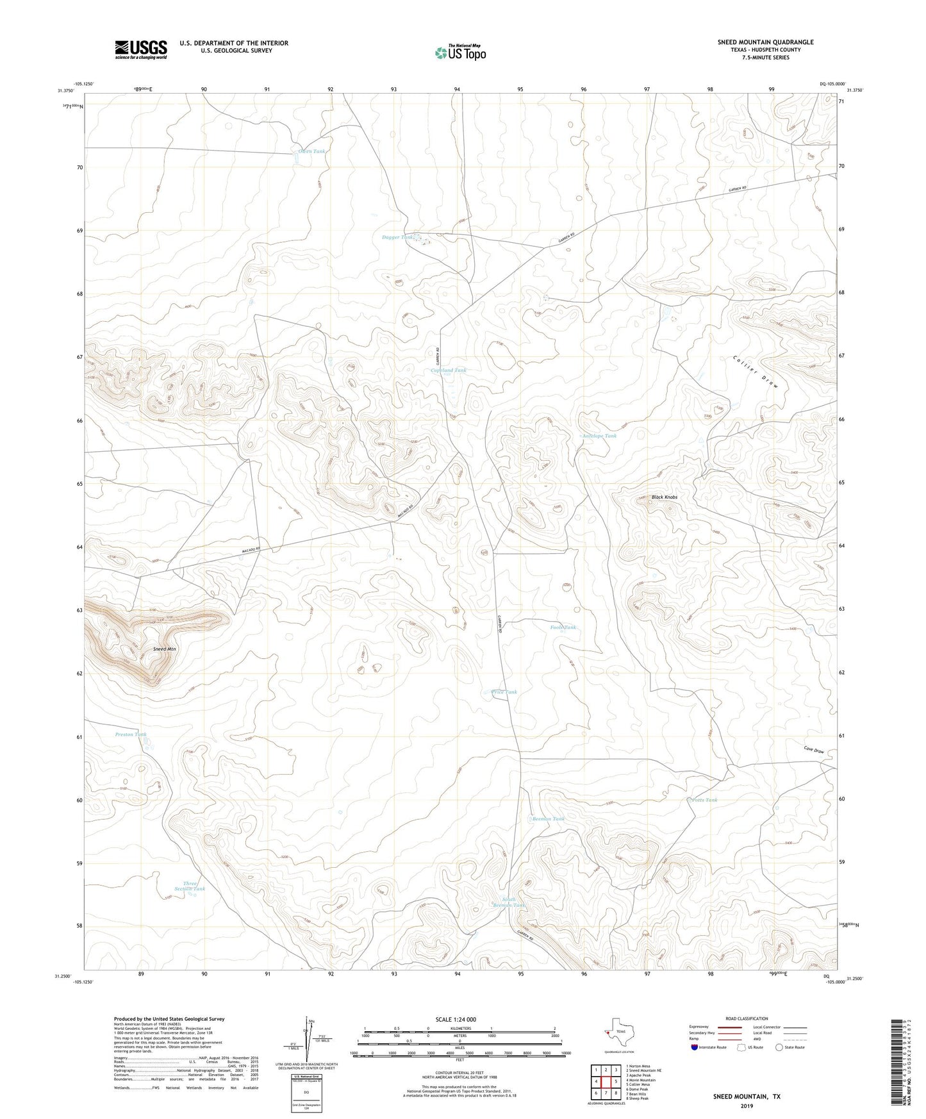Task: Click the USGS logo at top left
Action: [x=141, y=49]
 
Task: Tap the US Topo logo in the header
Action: [x=461, y=52]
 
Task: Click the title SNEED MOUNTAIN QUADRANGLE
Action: [x=765, y=42]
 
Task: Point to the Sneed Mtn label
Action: [x=165, y=649]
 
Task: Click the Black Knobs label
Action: [x=665, y=497]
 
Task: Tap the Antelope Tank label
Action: [x=599, y=436]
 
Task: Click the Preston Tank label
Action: [x=131, y=734]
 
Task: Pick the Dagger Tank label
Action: [x=398, y=237]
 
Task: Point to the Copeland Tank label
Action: [x=449, y=370]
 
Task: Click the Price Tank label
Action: [x=504, y=692]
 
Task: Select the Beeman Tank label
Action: [x=549, y=819]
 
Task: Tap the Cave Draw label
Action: [x=814, y=750]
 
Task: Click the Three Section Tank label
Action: [x=190, y=886]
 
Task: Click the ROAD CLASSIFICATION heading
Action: [x=747, y=1019]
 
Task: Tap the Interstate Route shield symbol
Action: [x=695, y=1048]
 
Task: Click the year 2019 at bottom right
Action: [x=747, y=1106]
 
